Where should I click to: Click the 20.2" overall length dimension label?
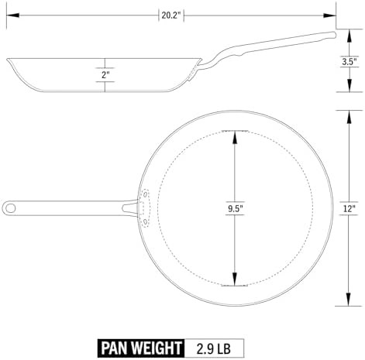click(x=170, y=15)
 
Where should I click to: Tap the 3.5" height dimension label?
click(x=350, y=61)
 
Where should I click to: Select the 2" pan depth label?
click(x=105, y=75)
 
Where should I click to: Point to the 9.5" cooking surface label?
click(x=235, y=208)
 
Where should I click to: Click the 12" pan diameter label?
click(x=350, y=208)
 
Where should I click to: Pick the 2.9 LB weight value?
click(x=214, y=348)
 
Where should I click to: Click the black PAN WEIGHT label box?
click(x=141, y=348)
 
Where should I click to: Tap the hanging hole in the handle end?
click(x=11, y=208)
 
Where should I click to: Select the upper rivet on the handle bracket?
click(x=146, y=194)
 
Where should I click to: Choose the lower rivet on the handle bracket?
click(x=145, y=221)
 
